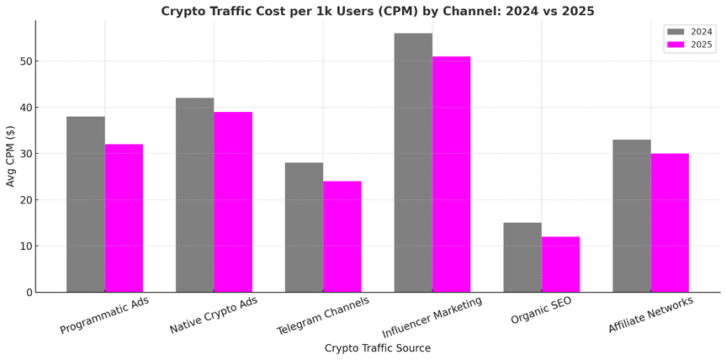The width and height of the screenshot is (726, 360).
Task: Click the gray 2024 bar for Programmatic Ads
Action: click(86, 204)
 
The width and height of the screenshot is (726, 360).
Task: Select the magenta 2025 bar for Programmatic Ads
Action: click(124, 219)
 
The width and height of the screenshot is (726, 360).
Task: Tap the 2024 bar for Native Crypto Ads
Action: click(194, 195)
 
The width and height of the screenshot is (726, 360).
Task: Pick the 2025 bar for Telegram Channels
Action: click(342, 236)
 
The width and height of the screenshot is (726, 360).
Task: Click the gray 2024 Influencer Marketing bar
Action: click(413, 162)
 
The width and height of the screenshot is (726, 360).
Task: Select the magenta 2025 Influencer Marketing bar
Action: click(451, 174)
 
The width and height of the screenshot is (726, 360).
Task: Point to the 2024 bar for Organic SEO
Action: click(522, 257)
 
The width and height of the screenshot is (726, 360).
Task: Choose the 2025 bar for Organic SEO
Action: click(560, 264)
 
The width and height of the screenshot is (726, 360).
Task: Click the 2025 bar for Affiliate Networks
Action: click(670, 223)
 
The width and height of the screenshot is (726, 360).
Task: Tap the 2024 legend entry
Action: click(690, 32)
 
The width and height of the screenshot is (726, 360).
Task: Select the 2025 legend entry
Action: click(690, 45)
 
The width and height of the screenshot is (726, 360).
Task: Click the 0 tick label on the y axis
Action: click(28, 293)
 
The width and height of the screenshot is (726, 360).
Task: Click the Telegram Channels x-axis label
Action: click(323, 316)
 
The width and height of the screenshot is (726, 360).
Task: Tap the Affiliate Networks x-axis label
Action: click(650, 315)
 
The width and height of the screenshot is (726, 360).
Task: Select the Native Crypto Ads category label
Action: click(214, 316)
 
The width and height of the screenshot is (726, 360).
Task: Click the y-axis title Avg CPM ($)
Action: click(11, 156)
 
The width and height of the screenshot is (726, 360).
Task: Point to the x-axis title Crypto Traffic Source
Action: click(378, 348)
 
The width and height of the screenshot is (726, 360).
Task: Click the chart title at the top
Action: click(378, 11)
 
